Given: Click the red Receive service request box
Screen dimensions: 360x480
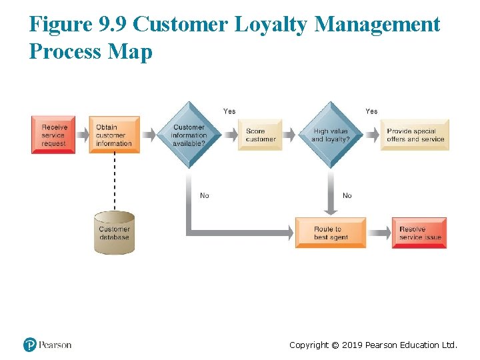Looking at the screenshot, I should click(53, 135).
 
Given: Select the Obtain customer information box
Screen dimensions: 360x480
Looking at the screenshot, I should click(114, 135).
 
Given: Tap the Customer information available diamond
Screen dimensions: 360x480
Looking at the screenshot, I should click(189, 135).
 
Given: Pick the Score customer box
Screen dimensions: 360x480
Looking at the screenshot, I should click(260, 135).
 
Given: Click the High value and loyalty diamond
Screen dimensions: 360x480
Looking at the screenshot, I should click(330, 135).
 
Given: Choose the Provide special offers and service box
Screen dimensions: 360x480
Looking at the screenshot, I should click(415, 135).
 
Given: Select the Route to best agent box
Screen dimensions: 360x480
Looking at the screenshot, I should click(331, 233).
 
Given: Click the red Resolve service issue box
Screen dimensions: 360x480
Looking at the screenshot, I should click(419, 233).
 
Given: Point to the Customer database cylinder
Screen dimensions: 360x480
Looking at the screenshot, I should click(114, 233).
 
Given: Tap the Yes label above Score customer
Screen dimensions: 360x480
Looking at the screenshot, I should click(229, 111).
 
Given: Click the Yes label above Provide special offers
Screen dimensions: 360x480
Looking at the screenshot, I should click(371, 111).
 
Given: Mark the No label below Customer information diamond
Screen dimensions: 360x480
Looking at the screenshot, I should click(205, 195).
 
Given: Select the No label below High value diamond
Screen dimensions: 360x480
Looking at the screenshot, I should click(347, 195).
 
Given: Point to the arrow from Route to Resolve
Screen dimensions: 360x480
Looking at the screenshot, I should click(379, 233).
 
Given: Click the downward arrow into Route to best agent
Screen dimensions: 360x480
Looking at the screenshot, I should click(331, 193).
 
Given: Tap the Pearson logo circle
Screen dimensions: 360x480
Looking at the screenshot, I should click(30, 345).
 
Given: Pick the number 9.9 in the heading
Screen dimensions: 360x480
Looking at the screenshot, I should click(111, 25).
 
